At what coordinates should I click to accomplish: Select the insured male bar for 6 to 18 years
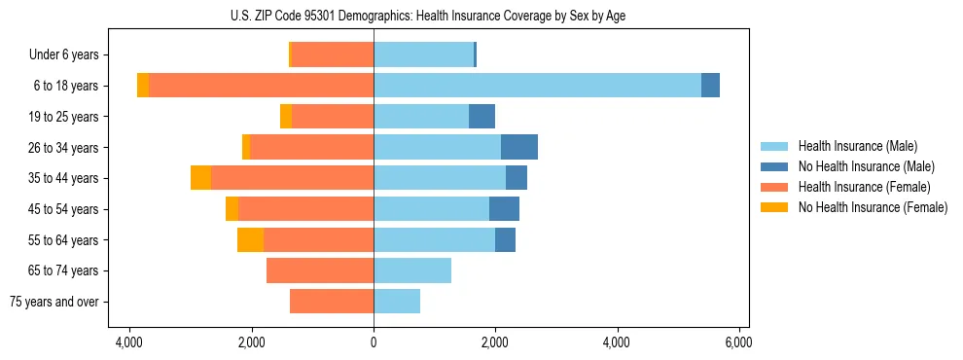click(x=537, y=86)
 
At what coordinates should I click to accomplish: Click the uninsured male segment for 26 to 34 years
click(x=519, y=147)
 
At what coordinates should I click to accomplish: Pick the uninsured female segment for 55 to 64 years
click(x=250, y=240)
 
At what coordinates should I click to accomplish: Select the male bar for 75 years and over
click(x=397, y=302)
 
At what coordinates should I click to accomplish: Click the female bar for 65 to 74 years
click(x=320, y=270)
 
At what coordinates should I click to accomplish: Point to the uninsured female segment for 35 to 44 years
click(x=200, y=178)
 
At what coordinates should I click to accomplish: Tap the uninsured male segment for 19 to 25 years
click(x=481, y=117)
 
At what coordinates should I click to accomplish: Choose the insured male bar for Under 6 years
click(x=423, y=54)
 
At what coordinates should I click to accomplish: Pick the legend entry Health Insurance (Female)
click(x=864, y=187)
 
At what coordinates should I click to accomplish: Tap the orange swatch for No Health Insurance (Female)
click(x=775, y=207)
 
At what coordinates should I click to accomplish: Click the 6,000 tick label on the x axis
click(x=738, y=342)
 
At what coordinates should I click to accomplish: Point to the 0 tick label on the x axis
click(x=374, y=342)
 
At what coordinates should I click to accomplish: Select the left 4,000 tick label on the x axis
click(x=129, y=342)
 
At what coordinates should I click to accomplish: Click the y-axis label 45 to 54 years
click(x=64, y=209)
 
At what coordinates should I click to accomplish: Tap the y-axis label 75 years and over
click(x=54, y=302)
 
